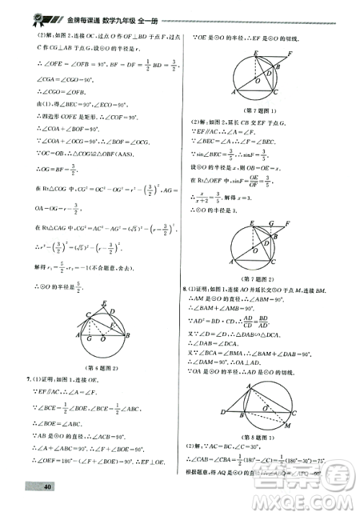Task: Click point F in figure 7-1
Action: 290,53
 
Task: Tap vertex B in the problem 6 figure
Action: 127,336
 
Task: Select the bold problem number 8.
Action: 185,288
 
